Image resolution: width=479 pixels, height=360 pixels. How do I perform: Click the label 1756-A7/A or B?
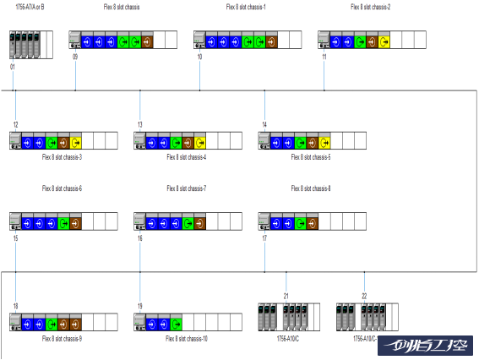30,7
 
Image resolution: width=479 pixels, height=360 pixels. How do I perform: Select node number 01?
13,66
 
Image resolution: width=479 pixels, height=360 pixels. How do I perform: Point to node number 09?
75,57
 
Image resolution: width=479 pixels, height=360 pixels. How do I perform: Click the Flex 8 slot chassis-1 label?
245,7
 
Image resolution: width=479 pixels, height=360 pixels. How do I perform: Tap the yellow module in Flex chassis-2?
384,41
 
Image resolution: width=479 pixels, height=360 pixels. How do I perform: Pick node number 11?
324,57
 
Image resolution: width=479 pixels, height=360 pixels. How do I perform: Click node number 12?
15,124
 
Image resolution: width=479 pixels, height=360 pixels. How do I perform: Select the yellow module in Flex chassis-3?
75,142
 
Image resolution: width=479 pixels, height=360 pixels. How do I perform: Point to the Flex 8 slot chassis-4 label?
187,157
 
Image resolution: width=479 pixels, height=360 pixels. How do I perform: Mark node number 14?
264,124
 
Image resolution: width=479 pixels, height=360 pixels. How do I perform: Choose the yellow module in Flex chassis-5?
324,142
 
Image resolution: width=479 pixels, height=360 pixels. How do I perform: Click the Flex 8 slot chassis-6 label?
62,188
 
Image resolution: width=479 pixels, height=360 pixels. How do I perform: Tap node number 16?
139,239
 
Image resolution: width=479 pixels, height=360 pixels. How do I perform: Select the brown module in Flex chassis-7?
199,222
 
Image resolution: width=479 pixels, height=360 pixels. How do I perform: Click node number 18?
15,305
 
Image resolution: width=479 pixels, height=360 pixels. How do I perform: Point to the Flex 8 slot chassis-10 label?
187,338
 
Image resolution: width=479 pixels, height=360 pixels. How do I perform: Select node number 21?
286,296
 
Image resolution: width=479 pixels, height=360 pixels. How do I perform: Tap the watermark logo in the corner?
426,346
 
